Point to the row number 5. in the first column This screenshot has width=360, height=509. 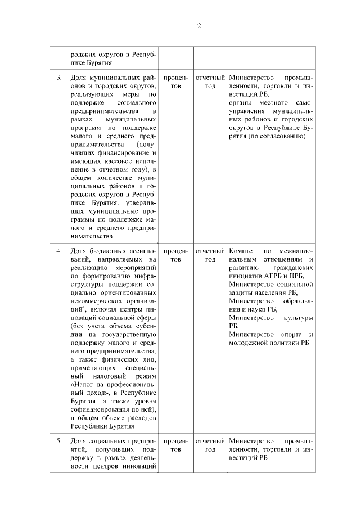tap(59, 440)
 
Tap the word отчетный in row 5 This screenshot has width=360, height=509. tap(210, 440)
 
